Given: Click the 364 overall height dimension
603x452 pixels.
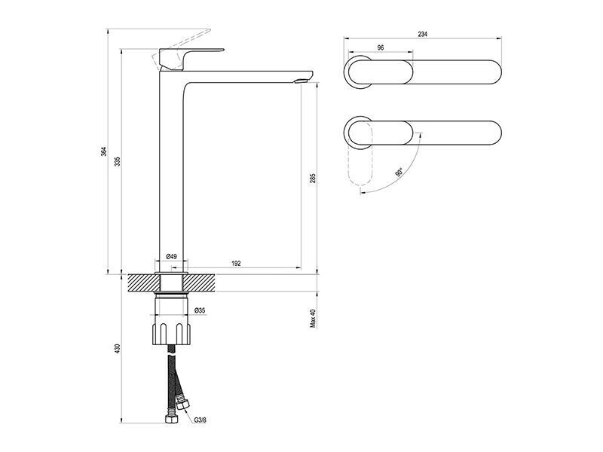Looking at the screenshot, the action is pyautogui.click(x=103, y=151).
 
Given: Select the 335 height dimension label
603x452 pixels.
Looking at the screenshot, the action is pyautogui.click(x=118, y=161).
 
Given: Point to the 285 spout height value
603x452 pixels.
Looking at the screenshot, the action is pyautogui.click(x=313, y=178).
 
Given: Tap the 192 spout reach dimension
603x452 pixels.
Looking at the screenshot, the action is pyautogui.click(x=236, y=263).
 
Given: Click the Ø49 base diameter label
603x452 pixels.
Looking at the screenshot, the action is pyautogui.click(x=171, y=256).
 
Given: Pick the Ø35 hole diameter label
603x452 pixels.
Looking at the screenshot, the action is pyautogui.click(x=200, y=310).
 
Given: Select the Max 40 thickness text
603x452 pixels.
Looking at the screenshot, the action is pyautogui.click(x=313, y=318).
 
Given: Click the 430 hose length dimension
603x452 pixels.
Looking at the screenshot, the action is pyautogui.click(x=118, y=348).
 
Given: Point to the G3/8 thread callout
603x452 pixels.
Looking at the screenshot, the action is pyautogui.click(x=200, y=420).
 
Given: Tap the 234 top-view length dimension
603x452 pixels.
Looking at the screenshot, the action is pyautogui.click(x=422, y=34).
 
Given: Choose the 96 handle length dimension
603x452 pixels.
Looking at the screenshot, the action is pyautogui.click(x=381, y=47).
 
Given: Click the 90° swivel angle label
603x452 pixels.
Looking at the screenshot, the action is pyautogui.click(x=399, y=172).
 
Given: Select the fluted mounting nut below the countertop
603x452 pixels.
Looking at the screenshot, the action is pyautogui.click(x=171, y=333).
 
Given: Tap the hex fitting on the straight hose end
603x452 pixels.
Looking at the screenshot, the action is pyautogui.click(x=170, y=418).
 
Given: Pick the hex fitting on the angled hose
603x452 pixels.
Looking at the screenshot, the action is pyautogui.click(x=182, y=405).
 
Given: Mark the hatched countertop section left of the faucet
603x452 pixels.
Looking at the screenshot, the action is pyautogui.click(x=143, y=282).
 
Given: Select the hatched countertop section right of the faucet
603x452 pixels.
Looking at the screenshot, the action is pyautogui.click(x=199, y=282).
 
